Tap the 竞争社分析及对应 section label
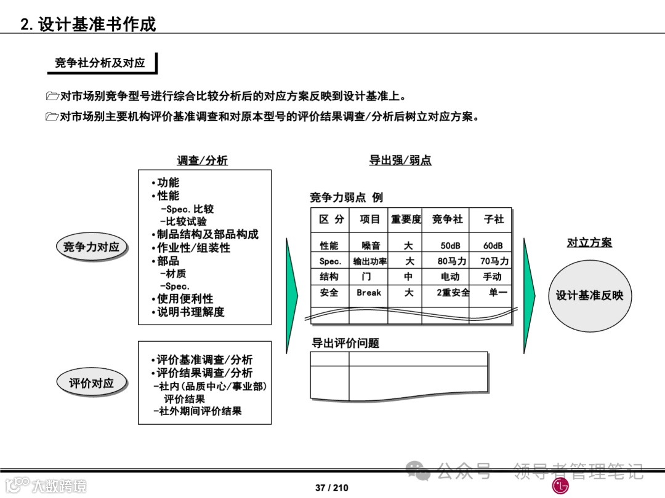100,63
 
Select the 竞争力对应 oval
91,247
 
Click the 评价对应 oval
91,383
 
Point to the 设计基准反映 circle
589,296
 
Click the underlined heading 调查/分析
202,160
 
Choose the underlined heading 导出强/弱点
400,160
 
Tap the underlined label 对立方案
589,243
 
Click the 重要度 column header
406,219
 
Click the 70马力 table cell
494,261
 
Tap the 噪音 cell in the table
371,246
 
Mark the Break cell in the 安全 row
369,293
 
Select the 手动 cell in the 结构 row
493,277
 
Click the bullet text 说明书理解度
190,312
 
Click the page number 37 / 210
331,488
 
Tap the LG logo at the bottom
560,486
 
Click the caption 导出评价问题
345,344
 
